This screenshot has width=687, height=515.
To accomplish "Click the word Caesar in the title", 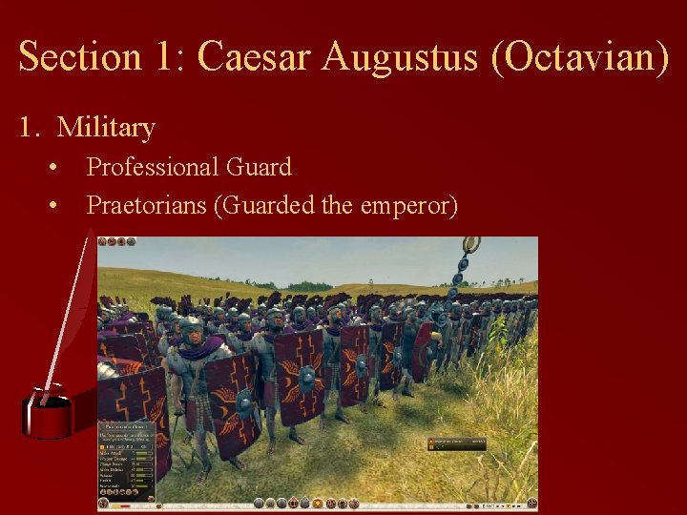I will pyautogui.click(x=254, y=56).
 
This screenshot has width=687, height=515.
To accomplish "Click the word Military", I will pyautogui.click(x=106, y=127).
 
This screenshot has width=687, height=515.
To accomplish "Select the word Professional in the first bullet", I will pyautogui.click(x=153, y=167).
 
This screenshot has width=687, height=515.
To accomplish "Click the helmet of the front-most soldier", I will pyautogui.click(x=193, y=328).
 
